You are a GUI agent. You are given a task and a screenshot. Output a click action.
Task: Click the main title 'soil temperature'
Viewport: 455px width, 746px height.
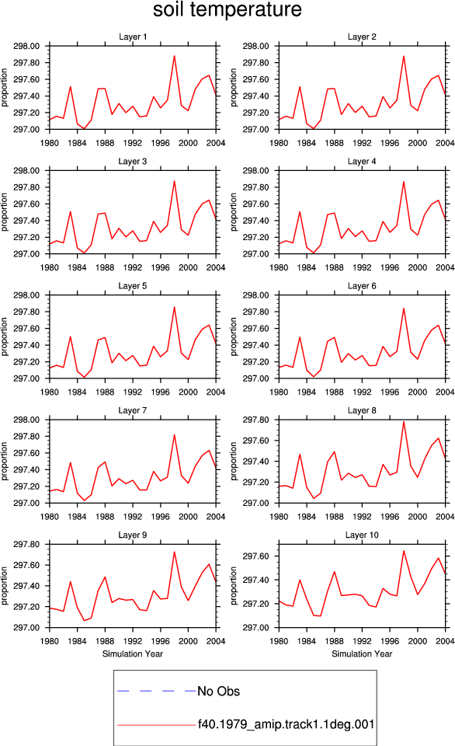(227, 9)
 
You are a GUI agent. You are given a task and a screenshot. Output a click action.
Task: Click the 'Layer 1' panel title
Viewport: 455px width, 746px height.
(133, 37)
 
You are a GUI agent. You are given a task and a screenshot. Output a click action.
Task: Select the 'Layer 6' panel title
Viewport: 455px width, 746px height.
(362, 286)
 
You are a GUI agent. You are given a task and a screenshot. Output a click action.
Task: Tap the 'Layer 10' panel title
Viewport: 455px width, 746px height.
(362, 535)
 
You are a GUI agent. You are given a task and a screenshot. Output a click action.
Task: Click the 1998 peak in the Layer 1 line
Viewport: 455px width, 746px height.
(175, 56)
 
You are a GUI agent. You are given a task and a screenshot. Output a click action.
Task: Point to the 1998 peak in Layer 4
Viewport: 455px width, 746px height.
(404, 182)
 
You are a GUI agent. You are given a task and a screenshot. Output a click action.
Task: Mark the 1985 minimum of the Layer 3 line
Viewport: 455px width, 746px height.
(84, 253)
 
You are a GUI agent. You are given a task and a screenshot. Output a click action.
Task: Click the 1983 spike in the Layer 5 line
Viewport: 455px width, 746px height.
(71, 336)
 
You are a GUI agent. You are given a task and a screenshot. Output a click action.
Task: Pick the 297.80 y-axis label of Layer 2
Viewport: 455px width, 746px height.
(255, 63)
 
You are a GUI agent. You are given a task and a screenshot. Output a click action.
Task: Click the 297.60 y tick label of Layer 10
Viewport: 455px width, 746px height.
(255, 556)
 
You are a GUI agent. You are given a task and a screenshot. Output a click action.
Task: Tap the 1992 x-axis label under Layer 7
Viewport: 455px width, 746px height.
(133, 517)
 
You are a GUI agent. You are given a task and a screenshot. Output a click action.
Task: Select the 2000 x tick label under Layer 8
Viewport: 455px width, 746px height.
(418, 517)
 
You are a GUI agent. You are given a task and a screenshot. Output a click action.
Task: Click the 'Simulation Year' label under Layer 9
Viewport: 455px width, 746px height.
(133, 654)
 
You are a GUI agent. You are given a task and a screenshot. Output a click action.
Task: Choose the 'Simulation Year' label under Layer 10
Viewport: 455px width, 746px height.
(362, 654)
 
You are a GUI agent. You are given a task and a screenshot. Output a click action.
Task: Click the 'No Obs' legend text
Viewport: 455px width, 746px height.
(219, 692)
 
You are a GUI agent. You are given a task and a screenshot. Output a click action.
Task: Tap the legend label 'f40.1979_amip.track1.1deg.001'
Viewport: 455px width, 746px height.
(287, 724)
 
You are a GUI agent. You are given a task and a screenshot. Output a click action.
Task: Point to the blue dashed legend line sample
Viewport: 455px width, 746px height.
(156, 691)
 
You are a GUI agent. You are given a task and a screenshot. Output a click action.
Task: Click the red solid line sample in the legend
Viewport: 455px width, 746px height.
(156, 725)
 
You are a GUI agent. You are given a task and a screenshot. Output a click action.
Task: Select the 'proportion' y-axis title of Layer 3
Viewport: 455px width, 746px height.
(5, 212)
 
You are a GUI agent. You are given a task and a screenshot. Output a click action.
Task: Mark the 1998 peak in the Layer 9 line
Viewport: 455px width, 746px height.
(175, 552)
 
